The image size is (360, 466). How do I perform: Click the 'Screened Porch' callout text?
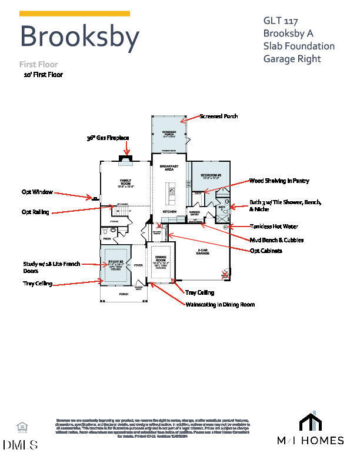coord(219,116)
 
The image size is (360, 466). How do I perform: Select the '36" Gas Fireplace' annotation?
coord(108,138)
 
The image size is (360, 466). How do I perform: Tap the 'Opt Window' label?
coord(37,192)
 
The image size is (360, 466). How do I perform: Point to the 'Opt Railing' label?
coord(35,212)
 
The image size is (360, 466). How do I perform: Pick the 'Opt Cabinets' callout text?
coord(265,251)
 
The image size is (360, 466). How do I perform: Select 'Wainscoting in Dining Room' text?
coord(220,305)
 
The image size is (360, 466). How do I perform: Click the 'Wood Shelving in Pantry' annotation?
coord(279,181)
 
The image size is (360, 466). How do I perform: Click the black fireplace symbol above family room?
coord(126,157)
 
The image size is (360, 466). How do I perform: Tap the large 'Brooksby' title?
coord(79,36)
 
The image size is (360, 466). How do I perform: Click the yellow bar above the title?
coord(75,14)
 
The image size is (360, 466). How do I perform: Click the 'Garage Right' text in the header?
coord(292,58)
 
